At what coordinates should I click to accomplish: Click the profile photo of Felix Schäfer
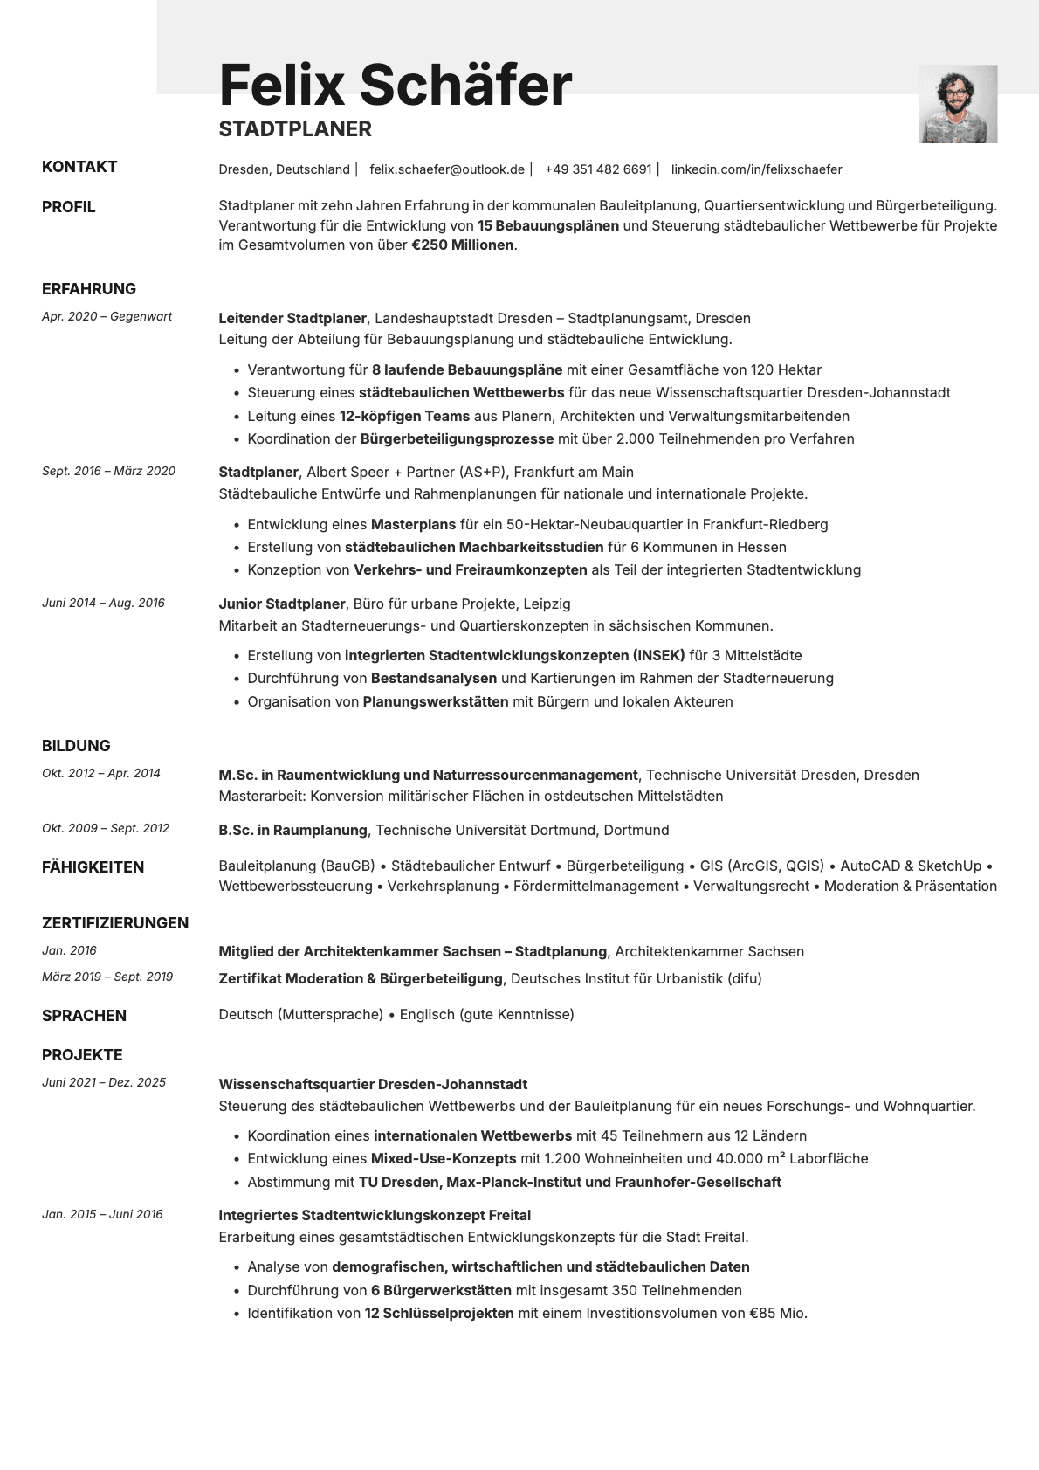point(958,104)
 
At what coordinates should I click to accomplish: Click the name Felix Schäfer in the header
point(395,85)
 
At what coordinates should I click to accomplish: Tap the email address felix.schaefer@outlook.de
point(447,169)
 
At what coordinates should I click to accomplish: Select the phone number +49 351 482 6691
point(598,169)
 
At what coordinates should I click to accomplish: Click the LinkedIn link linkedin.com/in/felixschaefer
point(756,169)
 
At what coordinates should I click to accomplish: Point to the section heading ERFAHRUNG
point(89,289)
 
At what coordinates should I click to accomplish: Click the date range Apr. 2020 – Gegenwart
point(107,316)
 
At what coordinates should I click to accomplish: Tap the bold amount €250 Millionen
point(463,245)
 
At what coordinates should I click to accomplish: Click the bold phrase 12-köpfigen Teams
point(404,417)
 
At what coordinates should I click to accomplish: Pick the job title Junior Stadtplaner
point(282,604)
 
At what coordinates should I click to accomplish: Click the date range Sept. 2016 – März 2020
point(108,471)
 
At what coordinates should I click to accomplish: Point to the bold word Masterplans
point(413,525)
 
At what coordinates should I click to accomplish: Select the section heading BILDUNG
point(76,746)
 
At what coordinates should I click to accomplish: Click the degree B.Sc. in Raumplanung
point(292,830)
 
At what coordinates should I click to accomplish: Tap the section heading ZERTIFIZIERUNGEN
point(115,923)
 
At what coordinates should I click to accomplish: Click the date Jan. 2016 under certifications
point(69,950)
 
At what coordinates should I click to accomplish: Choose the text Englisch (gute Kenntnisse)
point(486,1015)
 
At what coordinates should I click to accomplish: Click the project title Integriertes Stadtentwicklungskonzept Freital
point(375,1215)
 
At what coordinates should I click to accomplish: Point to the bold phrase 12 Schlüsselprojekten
point(439,1314)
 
